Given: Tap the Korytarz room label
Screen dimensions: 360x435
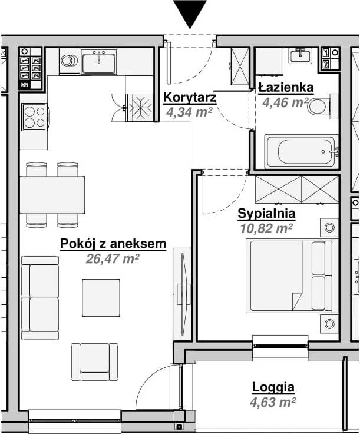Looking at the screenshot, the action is tap(190, 98).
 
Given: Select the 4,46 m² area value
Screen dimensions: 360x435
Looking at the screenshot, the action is tap(285, 103).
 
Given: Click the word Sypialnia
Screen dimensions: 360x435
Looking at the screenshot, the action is tap(266, 214).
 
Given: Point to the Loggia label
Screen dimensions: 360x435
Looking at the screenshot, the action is tap(273, 387).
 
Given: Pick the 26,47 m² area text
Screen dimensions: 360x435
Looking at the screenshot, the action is tap(113, 259).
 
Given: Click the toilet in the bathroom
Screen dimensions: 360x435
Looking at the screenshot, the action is tap(323, 107).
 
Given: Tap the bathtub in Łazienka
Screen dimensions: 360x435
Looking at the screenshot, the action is tap(302, 151).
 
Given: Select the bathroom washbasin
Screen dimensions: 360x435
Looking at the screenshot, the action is tap(302, 55).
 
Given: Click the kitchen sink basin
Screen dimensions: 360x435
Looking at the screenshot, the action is tap(98, 62).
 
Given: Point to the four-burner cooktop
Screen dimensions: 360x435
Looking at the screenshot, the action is tap(35, 117).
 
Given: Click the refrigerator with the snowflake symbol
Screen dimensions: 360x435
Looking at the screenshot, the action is tap(139, 108).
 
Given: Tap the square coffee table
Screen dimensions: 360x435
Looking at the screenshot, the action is tap(101, 298).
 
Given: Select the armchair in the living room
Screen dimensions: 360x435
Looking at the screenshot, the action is tap(94, 362).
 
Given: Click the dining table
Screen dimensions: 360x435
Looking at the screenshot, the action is tap(52, 195).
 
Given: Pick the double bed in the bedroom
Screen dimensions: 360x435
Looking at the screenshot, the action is tap(289, 275).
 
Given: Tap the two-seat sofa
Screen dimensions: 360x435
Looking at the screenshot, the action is tap(40, 298).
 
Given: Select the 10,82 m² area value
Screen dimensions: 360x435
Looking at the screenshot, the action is tap(266, 228).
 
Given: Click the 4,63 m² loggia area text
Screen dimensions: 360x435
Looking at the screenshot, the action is tap(273, 403).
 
